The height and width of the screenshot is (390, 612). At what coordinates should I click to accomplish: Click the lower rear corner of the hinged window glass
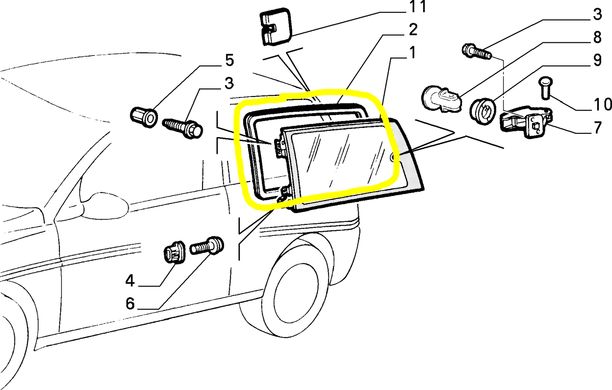point(424,189)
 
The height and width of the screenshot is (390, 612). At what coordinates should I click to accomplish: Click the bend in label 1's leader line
point(390,58)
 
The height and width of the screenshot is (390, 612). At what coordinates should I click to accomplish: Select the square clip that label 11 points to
point(275,27)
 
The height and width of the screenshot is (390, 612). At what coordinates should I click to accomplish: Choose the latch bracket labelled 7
point(526,123)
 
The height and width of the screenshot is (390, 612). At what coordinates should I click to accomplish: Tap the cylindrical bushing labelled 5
point(144,117)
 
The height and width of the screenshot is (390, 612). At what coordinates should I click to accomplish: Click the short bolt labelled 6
point(207,246)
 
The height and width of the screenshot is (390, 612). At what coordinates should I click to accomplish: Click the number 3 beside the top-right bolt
point(598,14)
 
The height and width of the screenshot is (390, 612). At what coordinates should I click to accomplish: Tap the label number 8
point(598,37)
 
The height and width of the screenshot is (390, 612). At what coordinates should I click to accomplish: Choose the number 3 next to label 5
point(229,83)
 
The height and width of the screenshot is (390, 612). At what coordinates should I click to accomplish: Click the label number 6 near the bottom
point(130,304)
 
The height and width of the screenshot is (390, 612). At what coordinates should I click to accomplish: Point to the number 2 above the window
point(413,30)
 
